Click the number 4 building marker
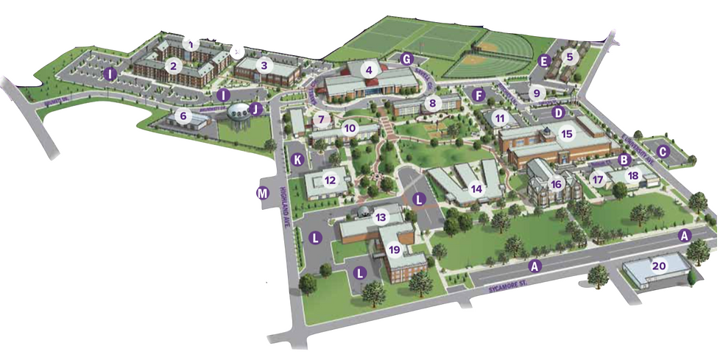[x=370, y=71]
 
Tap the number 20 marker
[x=659, y=267]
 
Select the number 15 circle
[x=566, y=134]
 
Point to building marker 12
[x=331, y=180]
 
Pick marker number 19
[x=395, y=250]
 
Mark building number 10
[x=350, y=128]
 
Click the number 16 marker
[x=557, y=184]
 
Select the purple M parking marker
[x=261, y=194]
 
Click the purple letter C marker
[x=663, y=152]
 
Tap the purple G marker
[x=404, y=57]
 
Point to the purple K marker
[x=298, y=159]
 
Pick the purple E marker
[x=545, y=62]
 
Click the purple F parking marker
[x=479, y=94]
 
